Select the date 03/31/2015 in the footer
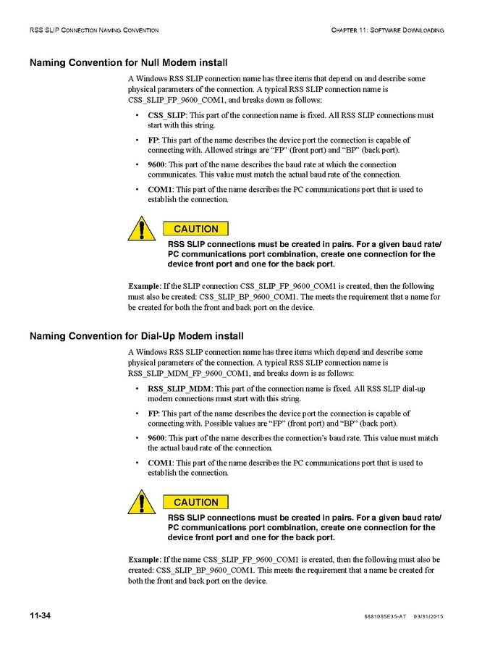[428, 616]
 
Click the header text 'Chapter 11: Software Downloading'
[387, 30]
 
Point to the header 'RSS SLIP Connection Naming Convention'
[94, 30]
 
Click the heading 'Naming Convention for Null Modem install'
[129, 62]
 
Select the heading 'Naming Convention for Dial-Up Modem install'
[136, 336]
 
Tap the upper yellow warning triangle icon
[142, 227]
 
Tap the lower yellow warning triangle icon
[142, 501]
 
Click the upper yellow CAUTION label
[196, 229]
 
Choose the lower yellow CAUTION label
[196, 503]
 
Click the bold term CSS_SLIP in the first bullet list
[166, 115]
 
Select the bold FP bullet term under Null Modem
[153, 140]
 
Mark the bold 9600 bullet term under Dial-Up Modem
[156, 438]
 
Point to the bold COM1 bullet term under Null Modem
[160, 190]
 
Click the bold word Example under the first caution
[144, 286]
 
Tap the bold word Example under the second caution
[144, 560]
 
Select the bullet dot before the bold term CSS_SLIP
[138, 116]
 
